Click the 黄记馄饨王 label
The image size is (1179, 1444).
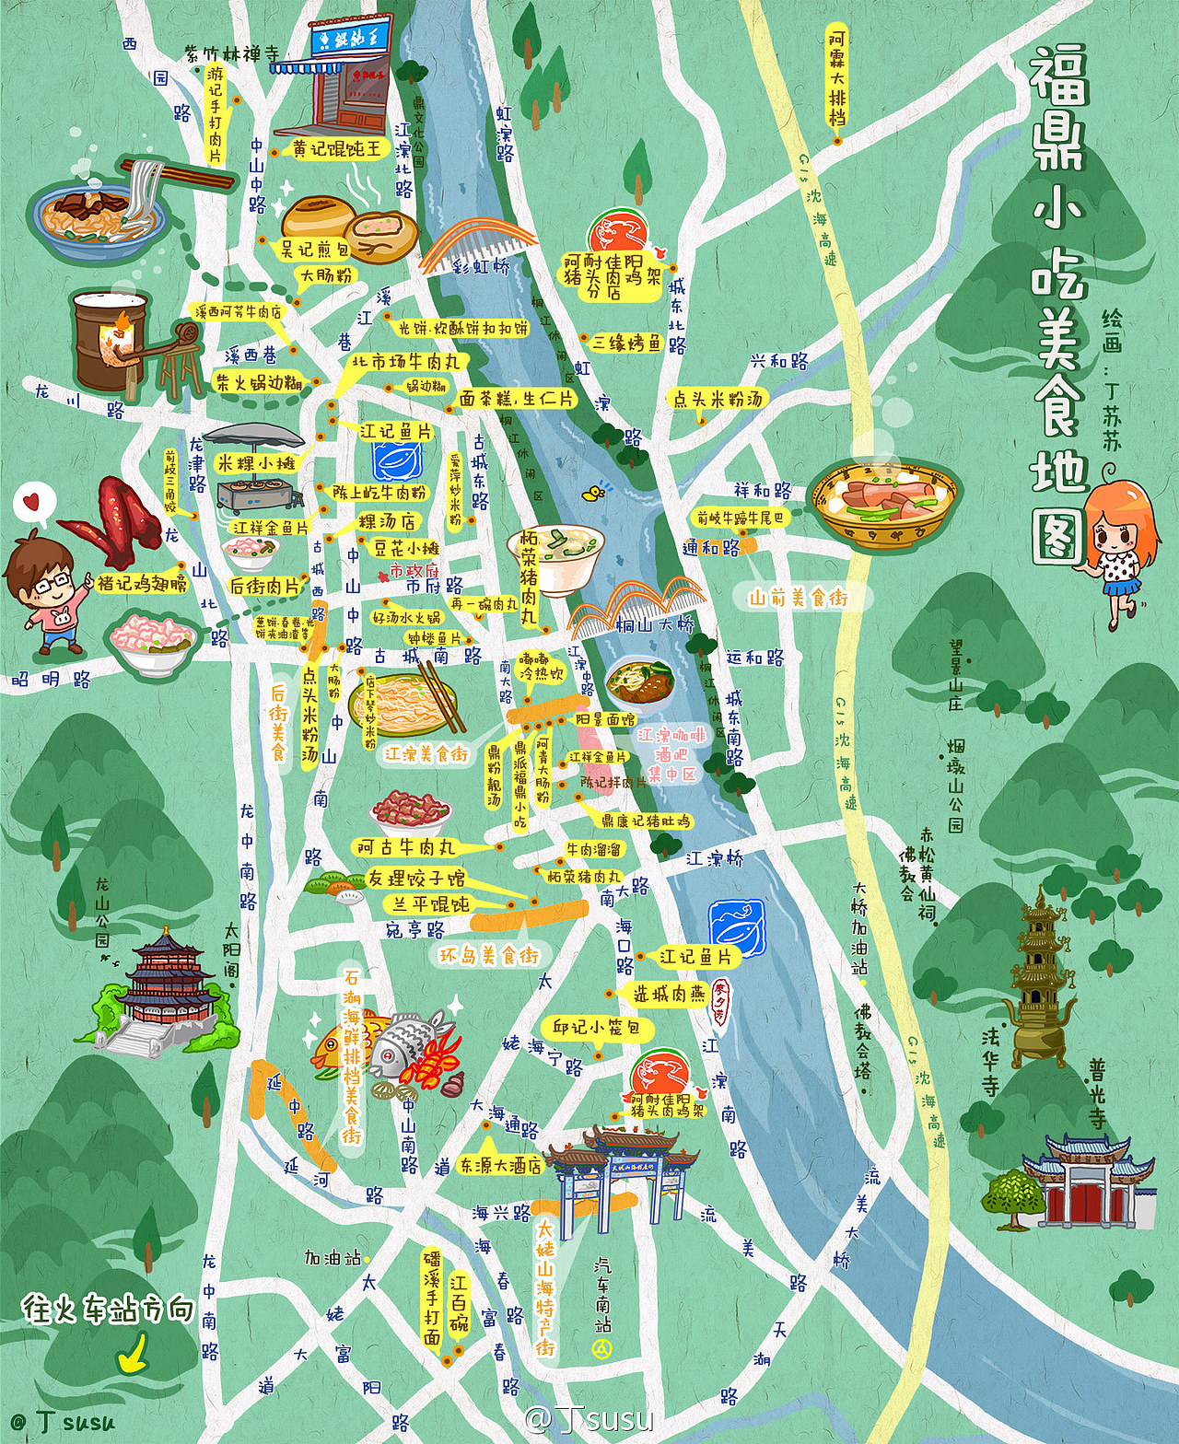336,148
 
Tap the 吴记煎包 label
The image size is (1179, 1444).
314,249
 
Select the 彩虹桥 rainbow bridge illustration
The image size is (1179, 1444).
479,245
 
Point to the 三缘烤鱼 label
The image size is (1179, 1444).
626,343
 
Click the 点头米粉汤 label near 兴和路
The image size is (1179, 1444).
718,399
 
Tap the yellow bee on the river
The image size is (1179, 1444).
594,493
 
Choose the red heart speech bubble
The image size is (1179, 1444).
33,504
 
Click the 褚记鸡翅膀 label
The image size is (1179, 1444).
142,582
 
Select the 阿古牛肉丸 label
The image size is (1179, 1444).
405,846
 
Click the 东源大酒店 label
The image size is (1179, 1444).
501,1165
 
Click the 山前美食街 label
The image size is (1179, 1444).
798,598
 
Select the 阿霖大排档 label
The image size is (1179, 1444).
836,78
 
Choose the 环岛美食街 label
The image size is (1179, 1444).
488,955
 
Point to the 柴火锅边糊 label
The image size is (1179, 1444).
259,382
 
